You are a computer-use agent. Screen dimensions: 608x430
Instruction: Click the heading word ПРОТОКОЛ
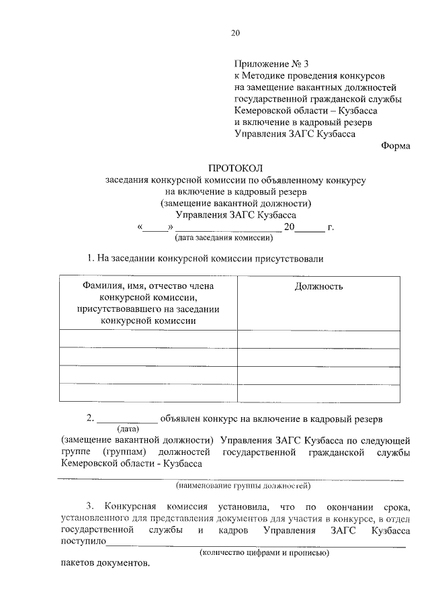tap(234, 168)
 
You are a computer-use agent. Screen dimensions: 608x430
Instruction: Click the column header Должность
tap(318, 287)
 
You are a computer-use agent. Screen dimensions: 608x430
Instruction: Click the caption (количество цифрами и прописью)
tap(263, 553)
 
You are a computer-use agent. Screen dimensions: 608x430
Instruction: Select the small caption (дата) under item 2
tap(128, 429)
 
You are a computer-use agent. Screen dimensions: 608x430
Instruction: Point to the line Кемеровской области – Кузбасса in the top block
tap(306, 110)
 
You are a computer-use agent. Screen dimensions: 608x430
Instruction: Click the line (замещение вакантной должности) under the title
tap(235, 203)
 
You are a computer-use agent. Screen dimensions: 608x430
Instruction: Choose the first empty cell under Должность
tap(318, 339)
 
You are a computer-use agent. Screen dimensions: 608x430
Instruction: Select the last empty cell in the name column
tap(148, 392)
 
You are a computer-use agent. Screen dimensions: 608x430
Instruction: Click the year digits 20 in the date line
tap(290, 227)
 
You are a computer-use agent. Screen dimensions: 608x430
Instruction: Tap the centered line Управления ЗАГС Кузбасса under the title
tap(235, 215)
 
